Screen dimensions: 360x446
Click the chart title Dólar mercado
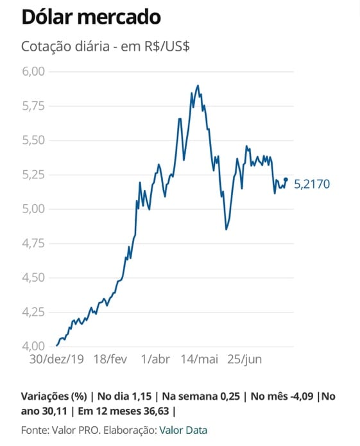[91, 17]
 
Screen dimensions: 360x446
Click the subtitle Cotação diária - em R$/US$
[105, 46]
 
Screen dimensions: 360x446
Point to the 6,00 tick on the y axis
[33, 71]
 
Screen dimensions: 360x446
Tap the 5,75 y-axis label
[33, 106]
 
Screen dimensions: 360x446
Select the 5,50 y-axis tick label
[33, 141]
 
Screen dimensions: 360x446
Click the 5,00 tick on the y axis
[33, 209]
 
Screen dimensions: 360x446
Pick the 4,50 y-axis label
[33, 277]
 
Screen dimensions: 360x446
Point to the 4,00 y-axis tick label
[33, 346]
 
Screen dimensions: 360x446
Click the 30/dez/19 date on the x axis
[56, 359]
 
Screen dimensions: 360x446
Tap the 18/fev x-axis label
[110, 359]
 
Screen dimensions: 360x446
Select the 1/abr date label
[155, 359]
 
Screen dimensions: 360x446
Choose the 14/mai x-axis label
[200, 359]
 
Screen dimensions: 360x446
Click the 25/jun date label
[244, 359]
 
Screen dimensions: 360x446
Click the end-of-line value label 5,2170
[312, 184]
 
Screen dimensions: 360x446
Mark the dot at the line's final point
[286, 179]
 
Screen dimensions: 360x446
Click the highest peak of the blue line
[198, 85]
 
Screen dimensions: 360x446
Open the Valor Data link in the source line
[183, 430]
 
